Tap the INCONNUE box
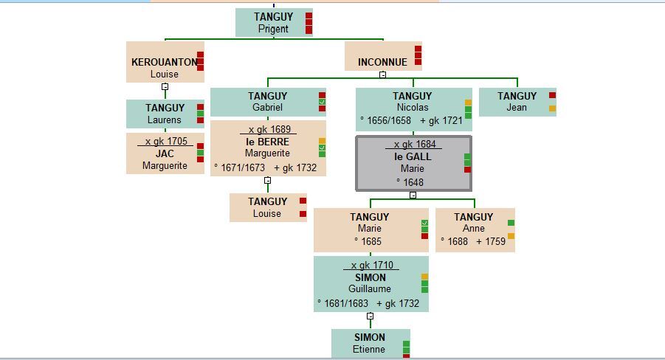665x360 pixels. coord(382,57)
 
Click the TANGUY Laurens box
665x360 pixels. coord(165,114)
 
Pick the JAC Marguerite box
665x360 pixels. coord(165,153)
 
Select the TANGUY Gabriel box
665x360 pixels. coord(267,102)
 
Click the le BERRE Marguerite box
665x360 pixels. coord(267,148)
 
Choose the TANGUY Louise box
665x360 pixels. coord(267,207)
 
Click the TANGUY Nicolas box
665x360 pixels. coord(413,108)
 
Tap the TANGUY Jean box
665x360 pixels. coord(517,102)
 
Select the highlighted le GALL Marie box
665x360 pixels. coord(413,163)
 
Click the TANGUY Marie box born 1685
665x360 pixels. coord(370,229)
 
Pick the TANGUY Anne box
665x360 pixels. coord(474,229)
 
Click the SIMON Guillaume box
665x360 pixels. coord(370,283)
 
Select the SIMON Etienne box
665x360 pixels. coord(370,344)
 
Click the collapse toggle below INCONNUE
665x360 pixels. coord(382,75)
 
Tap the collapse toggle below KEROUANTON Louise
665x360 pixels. coord(165,86)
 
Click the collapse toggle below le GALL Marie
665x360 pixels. coord(413,195)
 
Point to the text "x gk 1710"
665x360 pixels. coord(372,266)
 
